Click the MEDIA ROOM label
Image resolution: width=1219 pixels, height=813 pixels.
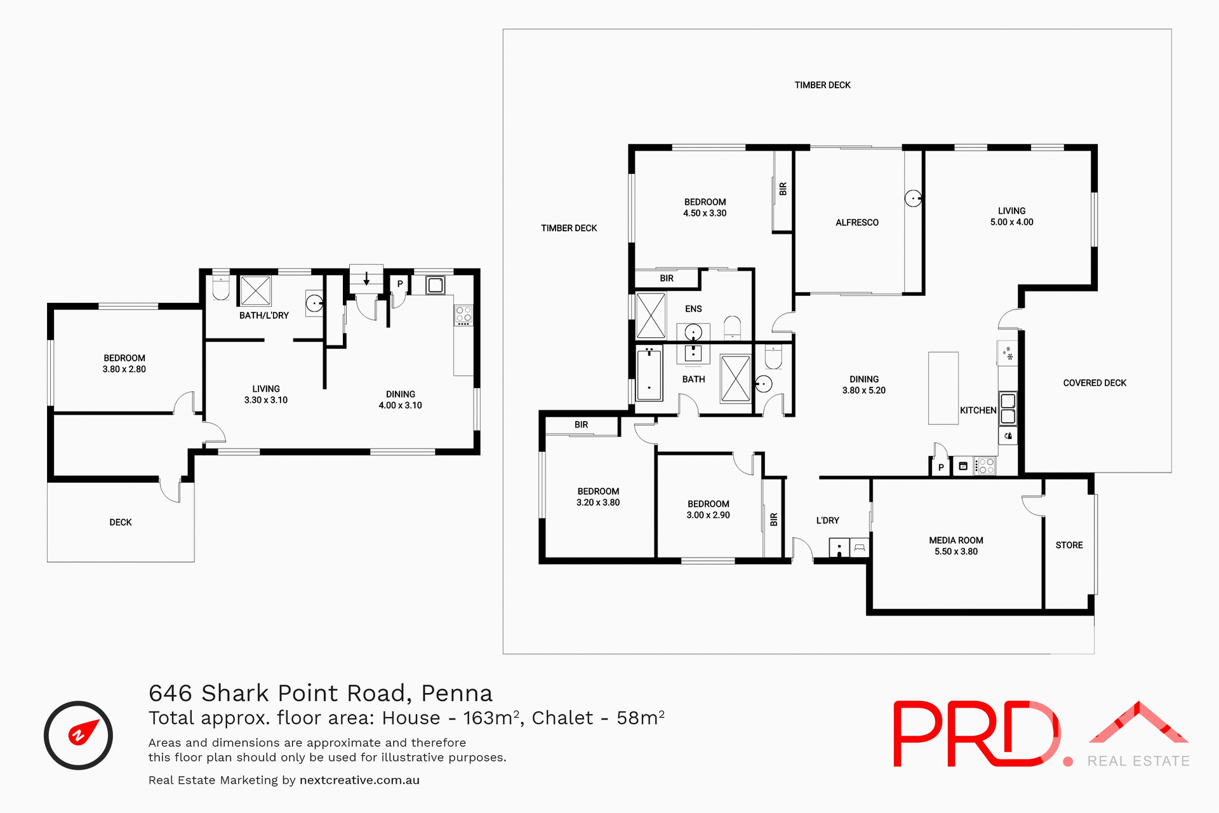coord(956,541)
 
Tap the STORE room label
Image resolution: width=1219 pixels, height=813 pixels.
coord(1069,545)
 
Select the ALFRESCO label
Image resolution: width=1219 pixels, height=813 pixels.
coord(857,222)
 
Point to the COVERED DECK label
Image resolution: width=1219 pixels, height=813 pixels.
coord(1095,383)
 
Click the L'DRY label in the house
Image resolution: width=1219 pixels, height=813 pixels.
coord(827,520)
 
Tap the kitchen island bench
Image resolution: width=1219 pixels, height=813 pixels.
coord(943,388)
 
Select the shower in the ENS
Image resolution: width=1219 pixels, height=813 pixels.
coord(651,315)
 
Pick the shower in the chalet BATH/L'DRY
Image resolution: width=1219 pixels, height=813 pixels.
coord(256,291)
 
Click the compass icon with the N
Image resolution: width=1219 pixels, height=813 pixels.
coord(78,735)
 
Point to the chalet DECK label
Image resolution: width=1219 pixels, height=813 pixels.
coord(121,522)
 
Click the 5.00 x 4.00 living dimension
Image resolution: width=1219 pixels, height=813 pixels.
coord(1011,222)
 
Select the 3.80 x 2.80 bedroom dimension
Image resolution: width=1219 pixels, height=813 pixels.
coord(124,369)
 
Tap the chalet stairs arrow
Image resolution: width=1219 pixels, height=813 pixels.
coord(366,278)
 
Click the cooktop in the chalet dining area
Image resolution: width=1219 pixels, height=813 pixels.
coord(463,314)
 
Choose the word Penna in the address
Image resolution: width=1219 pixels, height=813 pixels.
coord(456,693)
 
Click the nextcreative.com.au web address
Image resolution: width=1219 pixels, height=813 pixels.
coord(359,780)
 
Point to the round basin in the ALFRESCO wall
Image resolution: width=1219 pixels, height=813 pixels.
coord(913,199)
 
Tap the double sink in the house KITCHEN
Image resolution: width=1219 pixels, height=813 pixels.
coord(1008,408)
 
